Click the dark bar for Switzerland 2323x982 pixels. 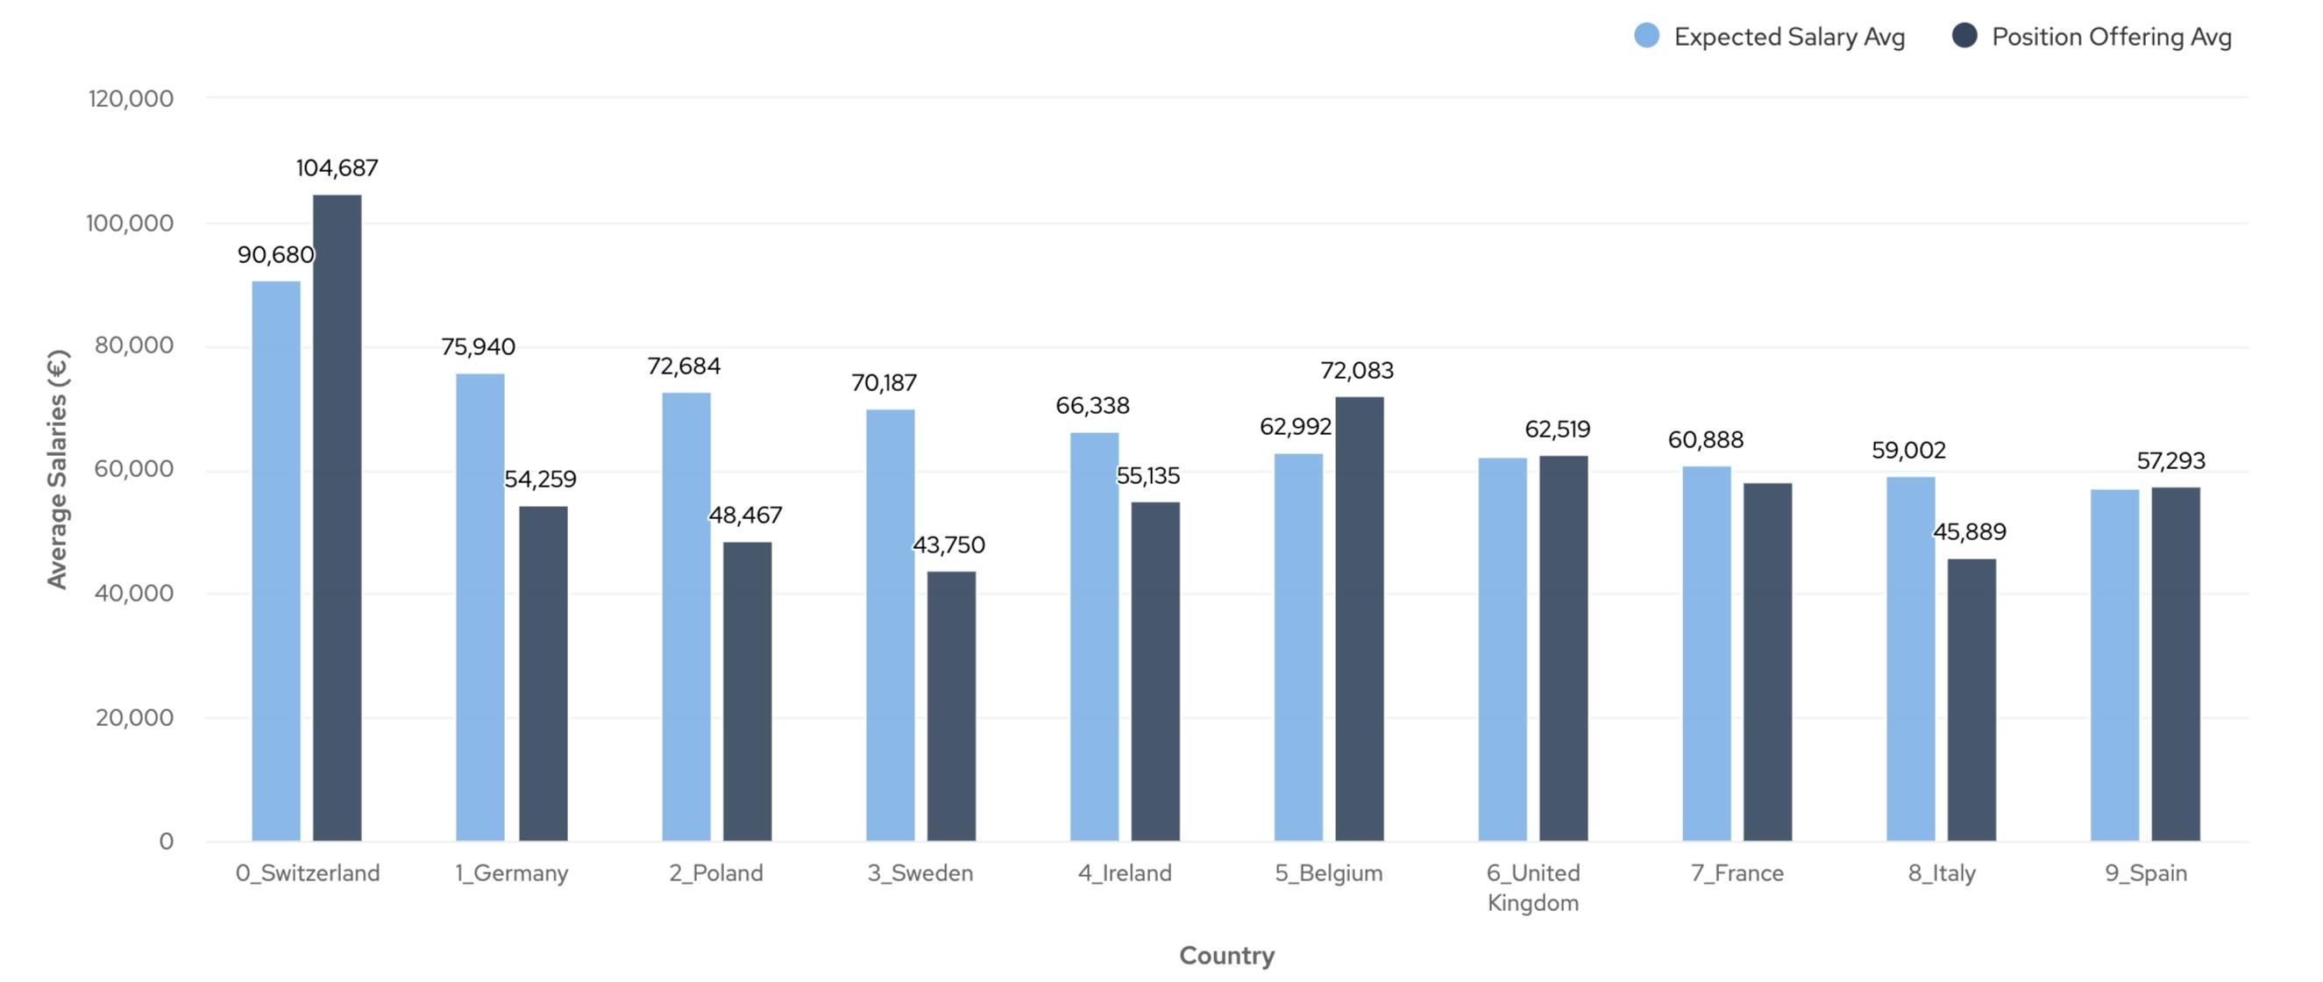(x=337, y=518)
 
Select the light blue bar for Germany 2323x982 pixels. (x=480, y=607)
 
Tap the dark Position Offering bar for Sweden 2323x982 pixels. (x=951, y=706)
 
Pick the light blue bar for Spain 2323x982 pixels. (x=2114, y=665)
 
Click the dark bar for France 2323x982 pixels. (x=1767, y=662)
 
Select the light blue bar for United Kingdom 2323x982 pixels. (x=1502, y=649)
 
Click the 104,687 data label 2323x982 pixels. (x=337, y=168)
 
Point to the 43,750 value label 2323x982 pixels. (x=948, y=545)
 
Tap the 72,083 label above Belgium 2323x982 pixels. (x=1356, y=371)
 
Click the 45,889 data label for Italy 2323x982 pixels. (x=1970, y=532)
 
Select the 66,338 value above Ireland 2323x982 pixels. (x=1092, y=406)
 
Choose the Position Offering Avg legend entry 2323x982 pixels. (x=2092, y=37)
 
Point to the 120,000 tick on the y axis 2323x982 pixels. (x=131, y=98)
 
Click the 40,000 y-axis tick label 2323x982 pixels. (x=133, y=594)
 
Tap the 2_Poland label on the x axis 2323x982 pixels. (x=716, y=873)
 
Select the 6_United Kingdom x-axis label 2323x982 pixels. (x=1533, y=887)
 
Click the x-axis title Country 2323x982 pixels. (x=1226, y=955)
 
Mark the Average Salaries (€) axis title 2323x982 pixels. (x=58, y=469)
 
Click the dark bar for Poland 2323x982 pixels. (x=748, y=692)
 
